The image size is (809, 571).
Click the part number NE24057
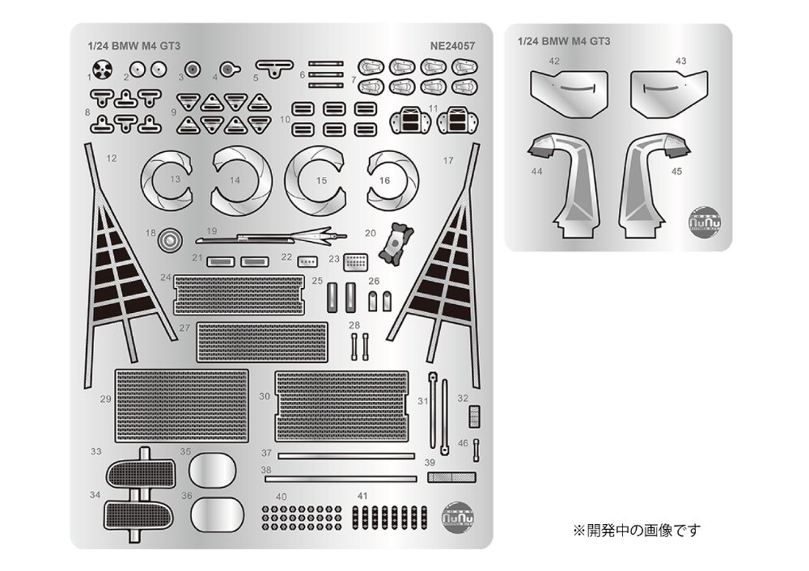coord(453,45)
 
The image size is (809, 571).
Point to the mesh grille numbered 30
coord(342,405)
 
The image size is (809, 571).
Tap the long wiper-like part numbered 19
coord(271,237)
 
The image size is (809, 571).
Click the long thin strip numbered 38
coord(340,479)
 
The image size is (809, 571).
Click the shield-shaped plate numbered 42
coord(568,92)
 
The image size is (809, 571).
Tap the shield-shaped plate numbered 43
coord(668,92)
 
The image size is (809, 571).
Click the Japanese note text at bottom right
coord(636,531)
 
